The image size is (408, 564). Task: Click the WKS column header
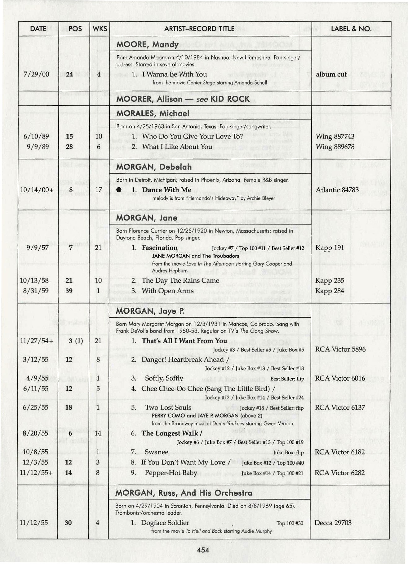tap(100, 29)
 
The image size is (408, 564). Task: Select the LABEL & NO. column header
tap(351, 29)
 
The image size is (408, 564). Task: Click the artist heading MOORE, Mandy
tap(147, 44)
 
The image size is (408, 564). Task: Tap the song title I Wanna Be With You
tap(174, 74)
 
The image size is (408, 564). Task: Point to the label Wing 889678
tap(335, 147)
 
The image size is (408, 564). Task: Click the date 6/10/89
tap(36, 136)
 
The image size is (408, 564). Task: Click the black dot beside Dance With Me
tap(119, 190)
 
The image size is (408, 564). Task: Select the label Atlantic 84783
tap(337, 190)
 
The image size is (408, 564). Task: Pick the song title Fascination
tap(160, 248)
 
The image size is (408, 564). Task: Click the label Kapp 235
tap(330, 280)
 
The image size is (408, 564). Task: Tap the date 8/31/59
tap(34, 291)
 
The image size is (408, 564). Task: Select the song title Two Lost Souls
tap(168, 407)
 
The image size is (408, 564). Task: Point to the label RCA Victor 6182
tap(339, 452)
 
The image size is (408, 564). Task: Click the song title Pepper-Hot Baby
tap(171, 473)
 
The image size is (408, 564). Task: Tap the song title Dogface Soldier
tap(165, 523)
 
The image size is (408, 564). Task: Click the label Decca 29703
tap(333, 523)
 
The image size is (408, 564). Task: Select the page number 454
tap(203, 550)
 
